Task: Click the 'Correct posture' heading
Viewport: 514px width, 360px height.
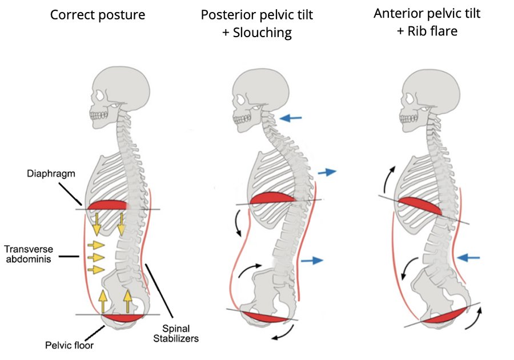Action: point(97,15)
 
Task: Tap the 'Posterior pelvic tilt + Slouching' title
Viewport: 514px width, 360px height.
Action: point(256,23)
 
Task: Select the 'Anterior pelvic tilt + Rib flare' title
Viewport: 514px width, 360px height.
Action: point(427,22)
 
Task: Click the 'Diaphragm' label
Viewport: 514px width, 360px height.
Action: point(51,174)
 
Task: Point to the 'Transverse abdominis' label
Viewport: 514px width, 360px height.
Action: point(29,254)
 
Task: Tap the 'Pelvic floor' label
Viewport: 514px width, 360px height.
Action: point(69,345)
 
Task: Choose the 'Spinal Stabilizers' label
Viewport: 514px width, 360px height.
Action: point(176,334)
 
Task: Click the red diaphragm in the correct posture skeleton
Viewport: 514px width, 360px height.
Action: point(107,205)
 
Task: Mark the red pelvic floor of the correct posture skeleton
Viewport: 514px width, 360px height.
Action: point(123,318)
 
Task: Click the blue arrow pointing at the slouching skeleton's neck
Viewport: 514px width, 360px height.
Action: point(291,118)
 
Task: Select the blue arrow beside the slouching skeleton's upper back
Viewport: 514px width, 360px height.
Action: point(327,172)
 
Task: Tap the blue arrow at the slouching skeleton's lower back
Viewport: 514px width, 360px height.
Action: point(312,261)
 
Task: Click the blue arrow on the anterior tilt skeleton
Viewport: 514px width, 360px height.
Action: point(468,257)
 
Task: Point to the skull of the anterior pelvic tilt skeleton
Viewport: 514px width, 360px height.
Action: point(429,98)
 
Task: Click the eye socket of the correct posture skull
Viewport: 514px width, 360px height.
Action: point(99,95)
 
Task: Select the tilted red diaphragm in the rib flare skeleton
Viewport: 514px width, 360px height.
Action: point(420,206)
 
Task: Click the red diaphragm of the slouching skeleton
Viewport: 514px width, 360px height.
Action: point(273,198)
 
